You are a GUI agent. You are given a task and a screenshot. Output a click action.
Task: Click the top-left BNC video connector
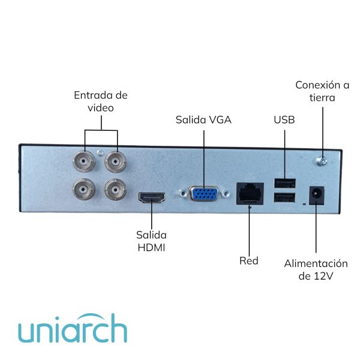coord(83,161)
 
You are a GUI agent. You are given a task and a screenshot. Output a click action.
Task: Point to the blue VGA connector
coord(204,194)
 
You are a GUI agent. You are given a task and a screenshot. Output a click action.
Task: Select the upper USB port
coord(285,182)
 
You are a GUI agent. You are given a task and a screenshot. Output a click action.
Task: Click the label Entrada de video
coord(101,101)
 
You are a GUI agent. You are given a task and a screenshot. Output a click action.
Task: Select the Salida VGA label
coord(203,119)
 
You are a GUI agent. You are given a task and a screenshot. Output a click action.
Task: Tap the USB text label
coord(284,119)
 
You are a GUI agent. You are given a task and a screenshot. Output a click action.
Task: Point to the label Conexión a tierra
coord(322,91)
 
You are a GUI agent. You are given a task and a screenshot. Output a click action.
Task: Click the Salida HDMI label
coord(151,240)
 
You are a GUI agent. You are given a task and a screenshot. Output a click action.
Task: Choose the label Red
coord(248,260)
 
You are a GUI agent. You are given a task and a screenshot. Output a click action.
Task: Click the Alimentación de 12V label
coord(316,269)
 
